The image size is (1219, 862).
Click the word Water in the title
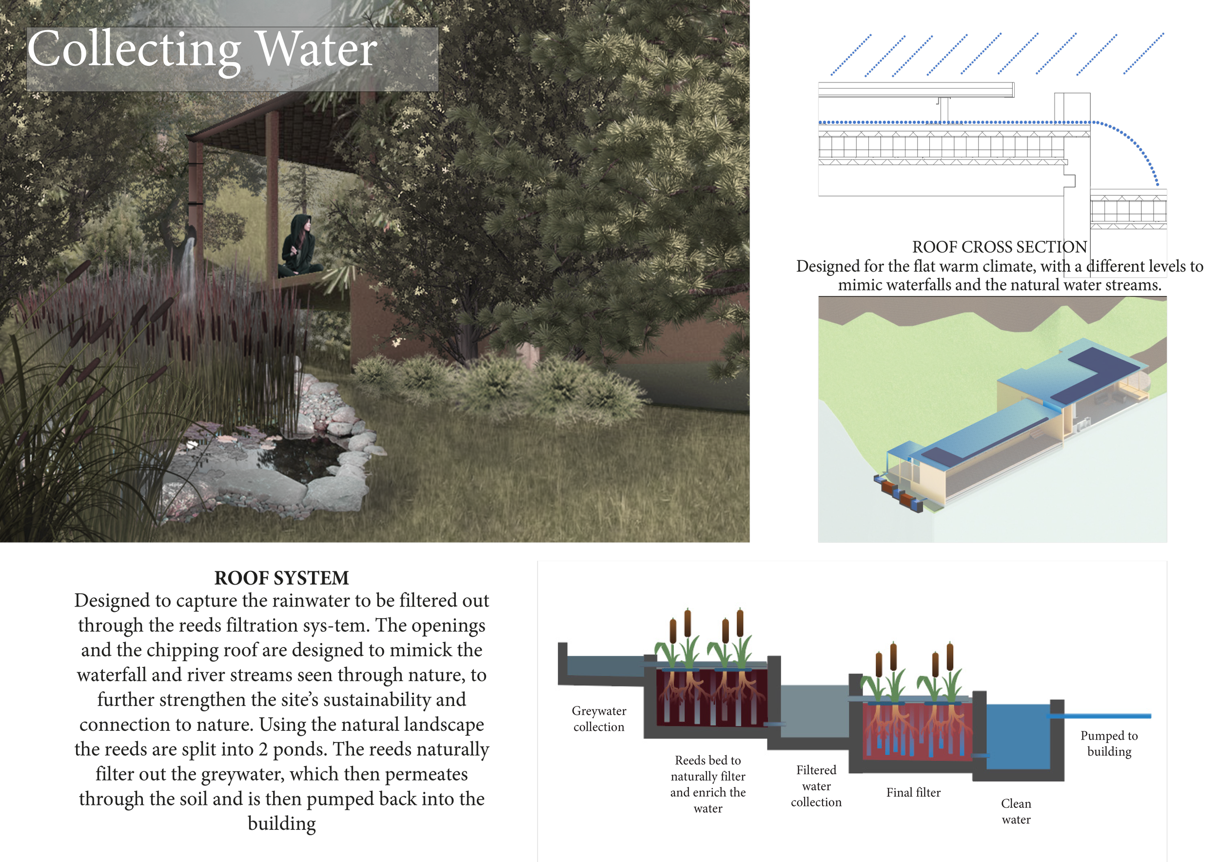pos(316,50)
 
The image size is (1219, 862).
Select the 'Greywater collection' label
pos(599,719)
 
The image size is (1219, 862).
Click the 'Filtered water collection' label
pos(816,785)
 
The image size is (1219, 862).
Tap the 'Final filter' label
pos(913,792)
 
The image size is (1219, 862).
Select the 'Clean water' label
pos(1016,811)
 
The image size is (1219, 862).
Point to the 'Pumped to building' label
pos(1109,743)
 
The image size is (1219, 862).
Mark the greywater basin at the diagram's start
pos(605,666)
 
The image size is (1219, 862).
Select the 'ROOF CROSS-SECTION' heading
pos(999,247)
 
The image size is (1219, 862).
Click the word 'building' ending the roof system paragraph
pos(282,823)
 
